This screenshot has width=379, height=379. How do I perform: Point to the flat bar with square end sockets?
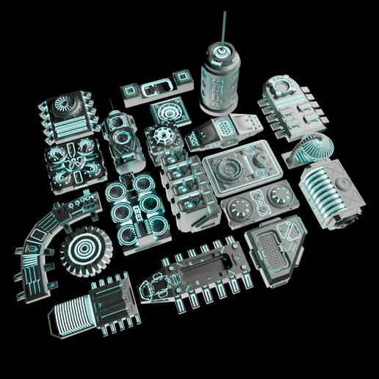coord(156,88)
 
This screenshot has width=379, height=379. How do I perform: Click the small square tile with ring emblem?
coord(170,114)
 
